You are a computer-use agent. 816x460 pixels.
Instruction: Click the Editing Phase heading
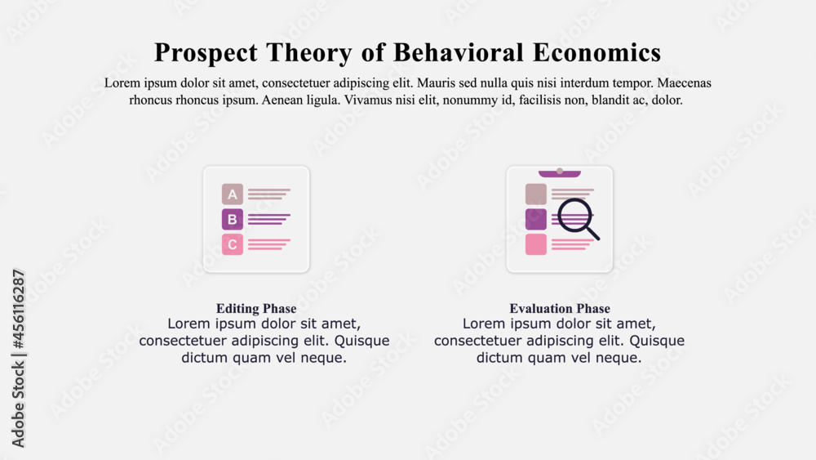click(256, 309)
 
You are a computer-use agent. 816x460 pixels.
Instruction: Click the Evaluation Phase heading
click(560, 309)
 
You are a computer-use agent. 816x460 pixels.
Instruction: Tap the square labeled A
click(233, 194)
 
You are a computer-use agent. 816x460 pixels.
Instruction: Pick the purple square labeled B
click(233, 219)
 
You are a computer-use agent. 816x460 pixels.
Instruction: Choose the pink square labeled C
click(233, 244)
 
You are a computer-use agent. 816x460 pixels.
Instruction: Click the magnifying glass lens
click(575, 215)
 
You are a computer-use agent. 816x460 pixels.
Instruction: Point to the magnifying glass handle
click(592, 234)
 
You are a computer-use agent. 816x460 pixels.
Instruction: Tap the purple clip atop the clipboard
click(560, 173)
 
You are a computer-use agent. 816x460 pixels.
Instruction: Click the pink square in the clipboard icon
click(536, 244)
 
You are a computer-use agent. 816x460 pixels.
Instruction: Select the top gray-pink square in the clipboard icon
click(536, 194)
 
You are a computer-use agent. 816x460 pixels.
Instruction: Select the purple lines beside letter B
click(268, 219)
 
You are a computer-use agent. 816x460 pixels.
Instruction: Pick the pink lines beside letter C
click(268, 244)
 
